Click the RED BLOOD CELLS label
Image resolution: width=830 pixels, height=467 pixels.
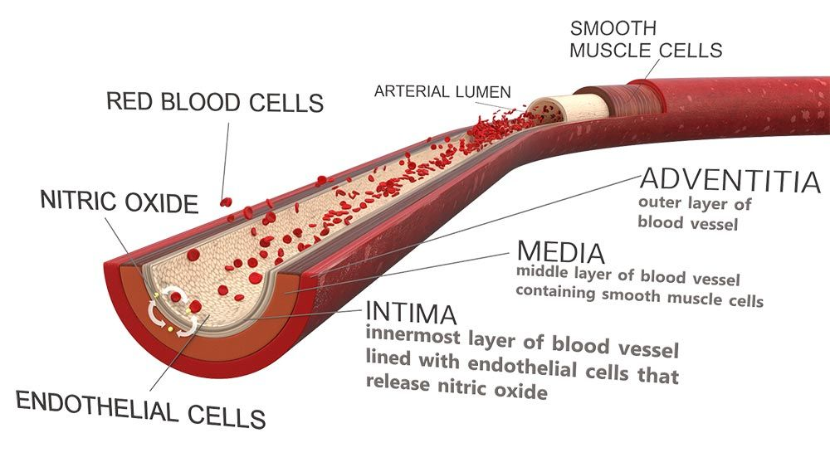click(x=215, y=102)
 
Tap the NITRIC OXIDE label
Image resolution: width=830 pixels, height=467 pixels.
click(x=120, y=202)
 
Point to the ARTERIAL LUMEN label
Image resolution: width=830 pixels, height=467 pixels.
click(x=442, y=90)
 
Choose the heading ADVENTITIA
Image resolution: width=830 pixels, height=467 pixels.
click(x=730, y=180)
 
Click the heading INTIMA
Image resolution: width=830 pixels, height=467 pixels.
click(x=411, y=314)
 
